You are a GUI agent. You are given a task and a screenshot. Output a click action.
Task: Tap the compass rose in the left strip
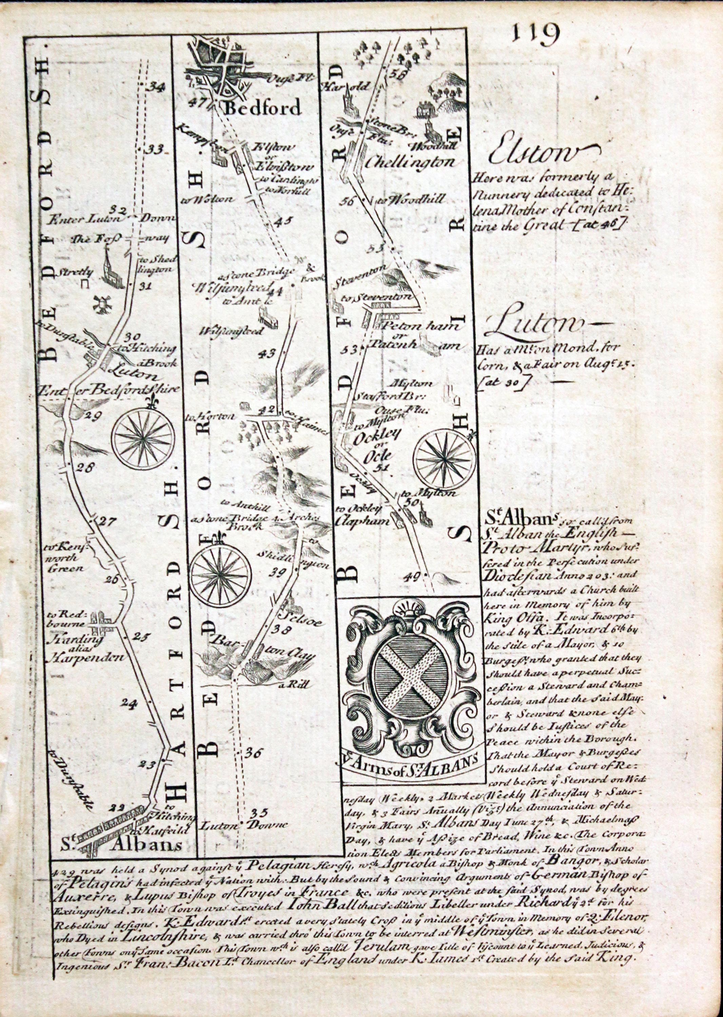click(x=143, y=438)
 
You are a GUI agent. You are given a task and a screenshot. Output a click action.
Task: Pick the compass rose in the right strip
click(x=444, y=458)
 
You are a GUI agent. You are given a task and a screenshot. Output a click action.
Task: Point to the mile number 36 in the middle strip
click(x=254, y=752)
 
